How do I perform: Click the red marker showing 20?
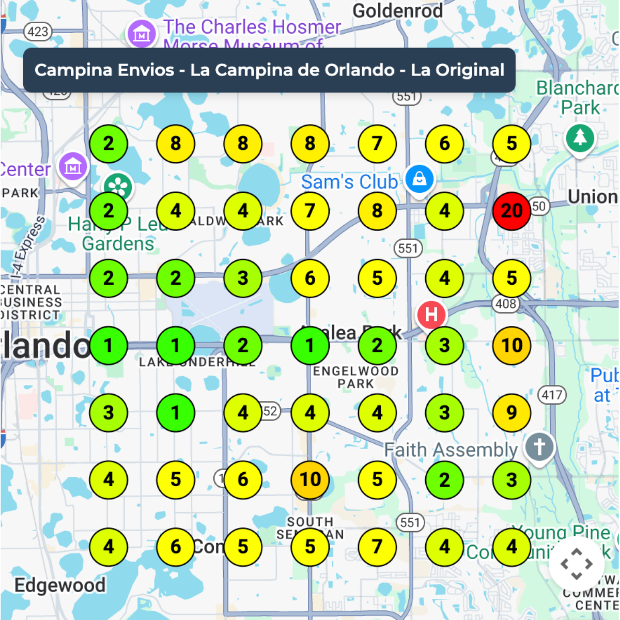click(512, 211)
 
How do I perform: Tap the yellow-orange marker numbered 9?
click(512, 412)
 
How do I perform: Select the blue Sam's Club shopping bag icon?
click(420, 179)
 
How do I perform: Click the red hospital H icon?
click(431, 314)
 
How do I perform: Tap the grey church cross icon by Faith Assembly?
click(539, 446)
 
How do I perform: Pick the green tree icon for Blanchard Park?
click(580, 137)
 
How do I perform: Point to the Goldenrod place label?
click(397, 10)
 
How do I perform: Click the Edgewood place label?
click(60, 585)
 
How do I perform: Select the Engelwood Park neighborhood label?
click(355, 377)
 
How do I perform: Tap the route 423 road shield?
click(38, 32)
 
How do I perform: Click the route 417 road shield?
click(552, 395)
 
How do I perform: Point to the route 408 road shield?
click(506, 304)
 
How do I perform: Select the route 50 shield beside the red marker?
click(538, 206)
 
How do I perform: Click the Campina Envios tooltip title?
click(269, 70)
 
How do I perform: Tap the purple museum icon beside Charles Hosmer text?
click(141, 34)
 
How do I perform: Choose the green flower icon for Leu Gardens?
click(118, 187)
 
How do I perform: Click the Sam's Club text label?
click(349, 182)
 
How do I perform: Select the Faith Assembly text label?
click(451, 450)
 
